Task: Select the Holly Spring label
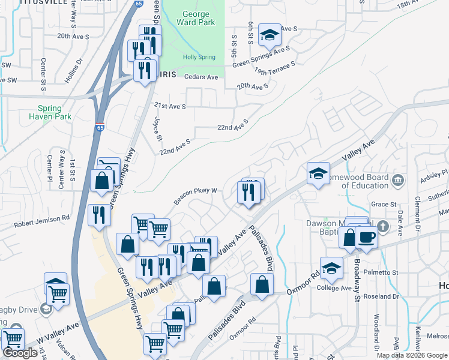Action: click(199, 57)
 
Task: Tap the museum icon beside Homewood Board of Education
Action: click(397, 180)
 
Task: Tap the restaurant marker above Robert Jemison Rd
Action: click(98, 215)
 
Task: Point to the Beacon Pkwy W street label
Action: click(196, 195)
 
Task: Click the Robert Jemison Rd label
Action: click(42, 221)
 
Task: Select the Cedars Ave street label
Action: click(201, 77)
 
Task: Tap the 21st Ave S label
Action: click(170, 106)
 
